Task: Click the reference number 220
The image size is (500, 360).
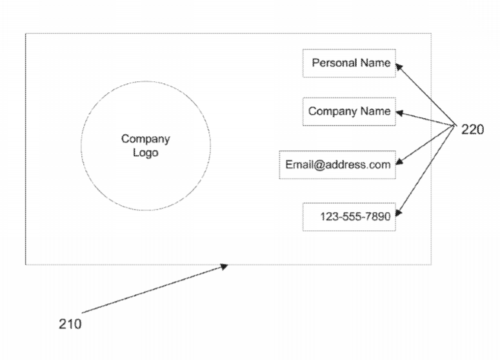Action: click(x=472, y=130)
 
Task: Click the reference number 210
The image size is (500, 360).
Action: click(x=70, y=324)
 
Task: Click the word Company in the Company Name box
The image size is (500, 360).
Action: click(x=332, y=111)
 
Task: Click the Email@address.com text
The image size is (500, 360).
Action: click(x=337, y=165)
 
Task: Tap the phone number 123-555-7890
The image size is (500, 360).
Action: click(x=355, y=217)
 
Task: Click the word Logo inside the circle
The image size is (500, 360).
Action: click(x=145, y=153)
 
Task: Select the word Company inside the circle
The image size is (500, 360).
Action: click(x=145, y=139)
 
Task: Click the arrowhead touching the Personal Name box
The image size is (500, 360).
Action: click(x=399, y=67)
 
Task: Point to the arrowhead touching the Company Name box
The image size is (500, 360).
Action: click(x=399, y=113)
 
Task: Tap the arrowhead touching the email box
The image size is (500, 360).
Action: click(x=399, y=162)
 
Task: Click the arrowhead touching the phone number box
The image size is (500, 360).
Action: click(x=399, y=213)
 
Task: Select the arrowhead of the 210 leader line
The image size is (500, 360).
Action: click(x=225, y=266)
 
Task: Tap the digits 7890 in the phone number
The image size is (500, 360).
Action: click(x=379, y=217)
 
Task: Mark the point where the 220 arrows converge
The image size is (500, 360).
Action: click(x=455, y=125)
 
